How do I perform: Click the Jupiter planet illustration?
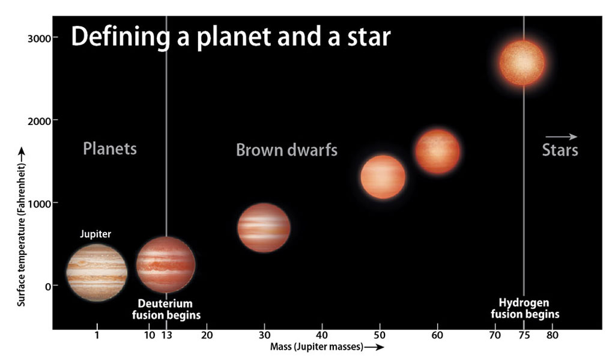pyautogui.click(x=97, y=272)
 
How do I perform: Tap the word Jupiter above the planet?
pyautogui.click(x=95, y=234)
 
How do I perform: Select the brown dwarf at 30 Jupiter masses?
pyautogui.click(x=264, y=228)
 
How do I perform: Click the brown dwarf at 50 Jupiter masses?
pyautogui.click(x=383, y=177)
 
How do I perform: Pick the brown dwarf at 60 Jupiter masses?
pyautogui.click(x=437, y=151)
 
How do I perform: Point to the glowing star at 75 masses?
pyautogui.click(x=522, y=63)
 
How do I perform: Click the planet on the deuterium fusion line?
pyautogui.click(x=166, y=264)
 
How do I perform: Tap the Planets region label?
pyautogui.click(x=110, y=149)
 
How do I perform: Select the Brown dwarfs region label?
pyautogui.click(x=286, y=150)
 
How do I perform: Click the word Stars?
pyautogui.click(x=560, y=150)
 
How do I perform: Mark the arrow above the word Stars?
pyautogui.click(x=562, y=136)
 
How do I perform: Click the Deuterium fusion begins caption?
pyautogui.click(x=166, y=310)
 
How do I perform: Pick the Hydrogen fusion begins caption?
pyautogui.click(x=525, y=308)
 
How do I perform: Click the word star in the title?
pyautogui.click(x=369, y=37)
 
